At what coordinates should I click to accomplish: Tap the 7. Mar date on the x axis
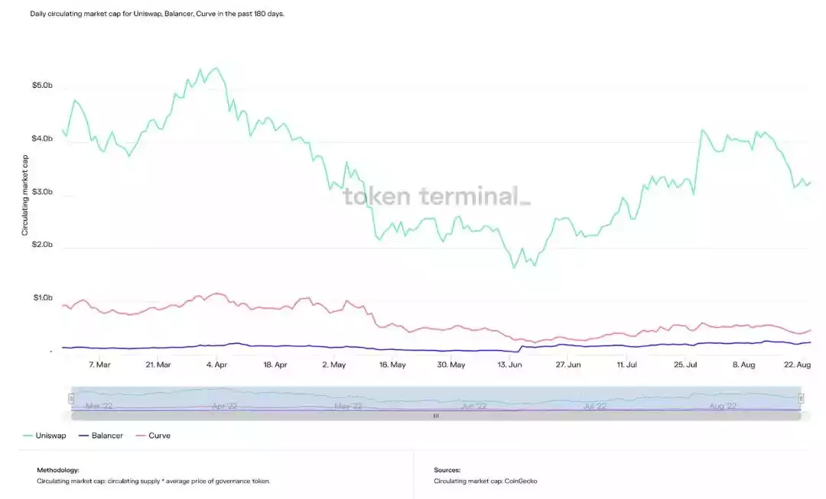(x=99, y=365)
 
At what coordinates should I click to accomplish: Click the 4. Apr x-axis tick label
(x=217, y=365)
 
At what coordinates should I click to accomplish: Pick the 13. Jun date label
(x=510, y=365)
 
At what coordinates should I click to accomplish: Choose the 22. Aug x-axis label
(x=798, y=365)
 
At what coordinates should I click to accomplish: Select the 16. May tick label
(x=392, y=365)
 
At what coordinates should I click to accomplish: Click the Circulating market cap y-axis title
(x=25, y=194)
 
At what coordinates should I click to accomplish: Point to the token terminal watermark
(x=436, y=196)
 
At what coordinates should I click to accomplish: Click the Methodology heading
(x=58, y=470)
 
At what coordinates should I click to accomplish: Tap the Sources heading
(x=447, y=470)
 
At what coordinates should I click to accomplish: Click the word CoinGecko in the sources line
(x=520, y=481)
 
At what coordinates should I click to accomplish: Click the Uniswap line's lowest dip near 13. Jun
(x=514, y=267)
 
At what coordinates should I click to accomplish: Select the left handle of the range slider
(x=71, y=398)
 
